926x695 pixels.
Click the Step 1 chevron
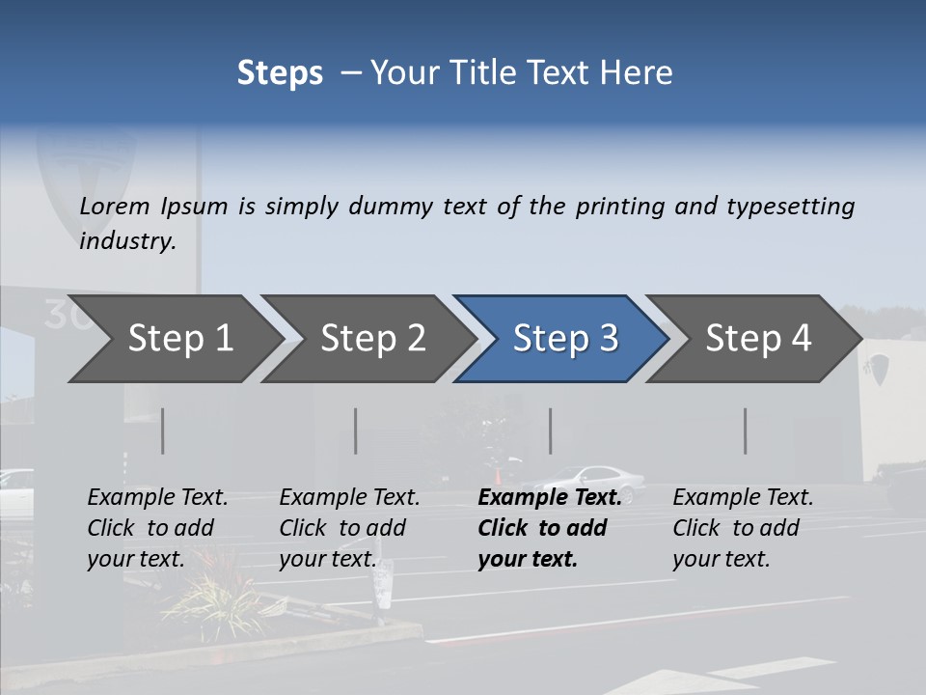point(174,339)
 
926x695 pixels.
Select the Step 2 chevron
point(368,339)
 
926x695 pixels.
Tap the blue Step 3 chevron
point(560,339)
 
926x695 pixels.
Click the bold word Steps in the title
point(280,73)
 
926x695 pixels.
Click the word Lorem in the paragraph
point(115,207)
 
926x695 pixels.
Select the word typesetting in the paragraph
point(790,207)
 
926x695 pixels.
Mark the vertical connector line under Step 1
point(163,431)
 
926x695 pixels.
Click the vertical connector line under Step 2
point(356,431)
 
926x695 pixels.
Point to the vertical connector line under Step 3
point(551,431)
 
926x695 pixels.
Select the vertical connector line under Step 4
point(746,431)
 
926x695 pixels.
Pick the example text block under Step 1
point(157,528)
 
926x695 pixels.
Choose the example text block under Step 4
point(743,528)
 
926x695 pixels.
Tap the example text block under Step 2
point(349,528)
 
